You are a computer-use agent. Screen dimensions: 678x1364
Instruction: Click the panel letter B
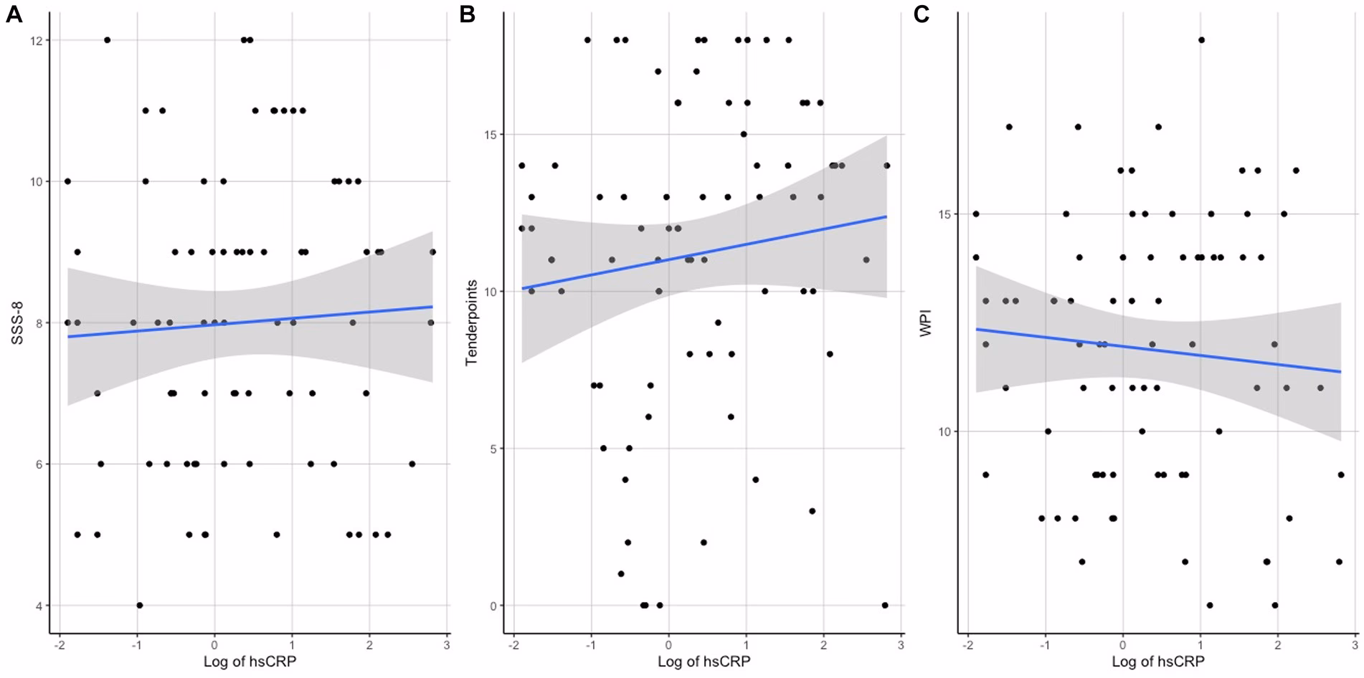467,14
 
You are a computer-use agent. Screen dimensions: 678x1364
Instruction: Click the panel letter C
921,14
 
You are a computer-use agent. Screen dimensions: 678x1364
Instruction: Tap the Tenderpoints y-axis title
471,323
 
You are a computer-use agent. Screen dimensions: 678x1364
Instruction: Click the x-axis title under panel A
250,662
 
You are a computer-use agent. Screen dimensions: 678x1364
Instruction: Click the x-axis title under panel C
1158,662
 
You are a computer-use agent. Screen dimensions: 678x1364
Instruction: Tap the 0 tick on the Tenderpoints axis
493,606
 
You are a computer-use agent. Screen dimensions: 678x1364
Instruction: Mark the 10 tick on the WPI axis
944,431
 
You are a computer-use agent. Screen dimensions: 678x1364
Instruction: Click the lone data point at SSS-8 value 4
140,606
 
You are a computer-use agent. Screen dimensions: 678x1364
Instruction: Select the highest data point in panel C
1201,40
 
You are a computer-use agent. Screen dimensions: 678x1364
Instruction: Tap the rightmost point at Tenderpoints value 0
885,606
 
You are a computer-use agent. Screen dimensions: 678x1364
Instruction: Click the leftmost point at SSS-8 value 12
107,40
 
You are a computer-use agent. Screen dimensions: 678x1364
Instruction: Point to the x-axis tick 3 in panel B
901,645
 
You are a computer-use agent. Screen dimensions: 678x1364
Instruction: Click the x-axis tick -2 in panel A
60,645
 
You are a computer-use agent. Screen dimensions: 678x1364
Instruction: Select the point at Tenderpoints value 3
812,511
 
